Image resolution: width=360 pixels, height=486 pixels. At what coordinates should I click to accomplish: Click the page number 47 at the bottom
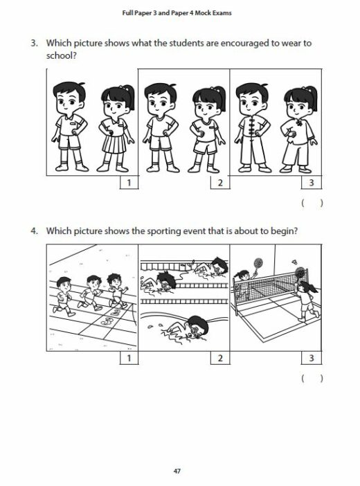179,471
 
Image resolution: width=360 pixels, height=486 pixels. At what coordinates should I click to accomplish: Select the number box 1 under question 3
128,183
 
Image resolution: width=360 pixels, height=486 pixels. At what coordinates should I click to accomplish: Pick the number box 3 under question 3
311,183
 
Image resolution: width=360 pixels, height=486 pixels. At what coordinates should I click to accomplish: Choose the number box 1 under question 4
128,358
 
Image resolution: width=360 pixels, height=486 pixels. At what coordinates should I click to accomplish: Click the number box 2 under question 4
219,358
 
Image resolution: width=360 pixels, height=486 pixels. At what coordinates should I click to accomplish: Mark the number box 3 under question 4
311,358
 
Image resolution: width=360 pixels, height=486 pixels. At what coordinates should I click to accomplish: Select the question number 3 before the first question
33,43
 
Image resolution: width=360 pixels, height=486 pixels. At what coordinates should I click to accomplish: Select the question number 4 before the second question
33,231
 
